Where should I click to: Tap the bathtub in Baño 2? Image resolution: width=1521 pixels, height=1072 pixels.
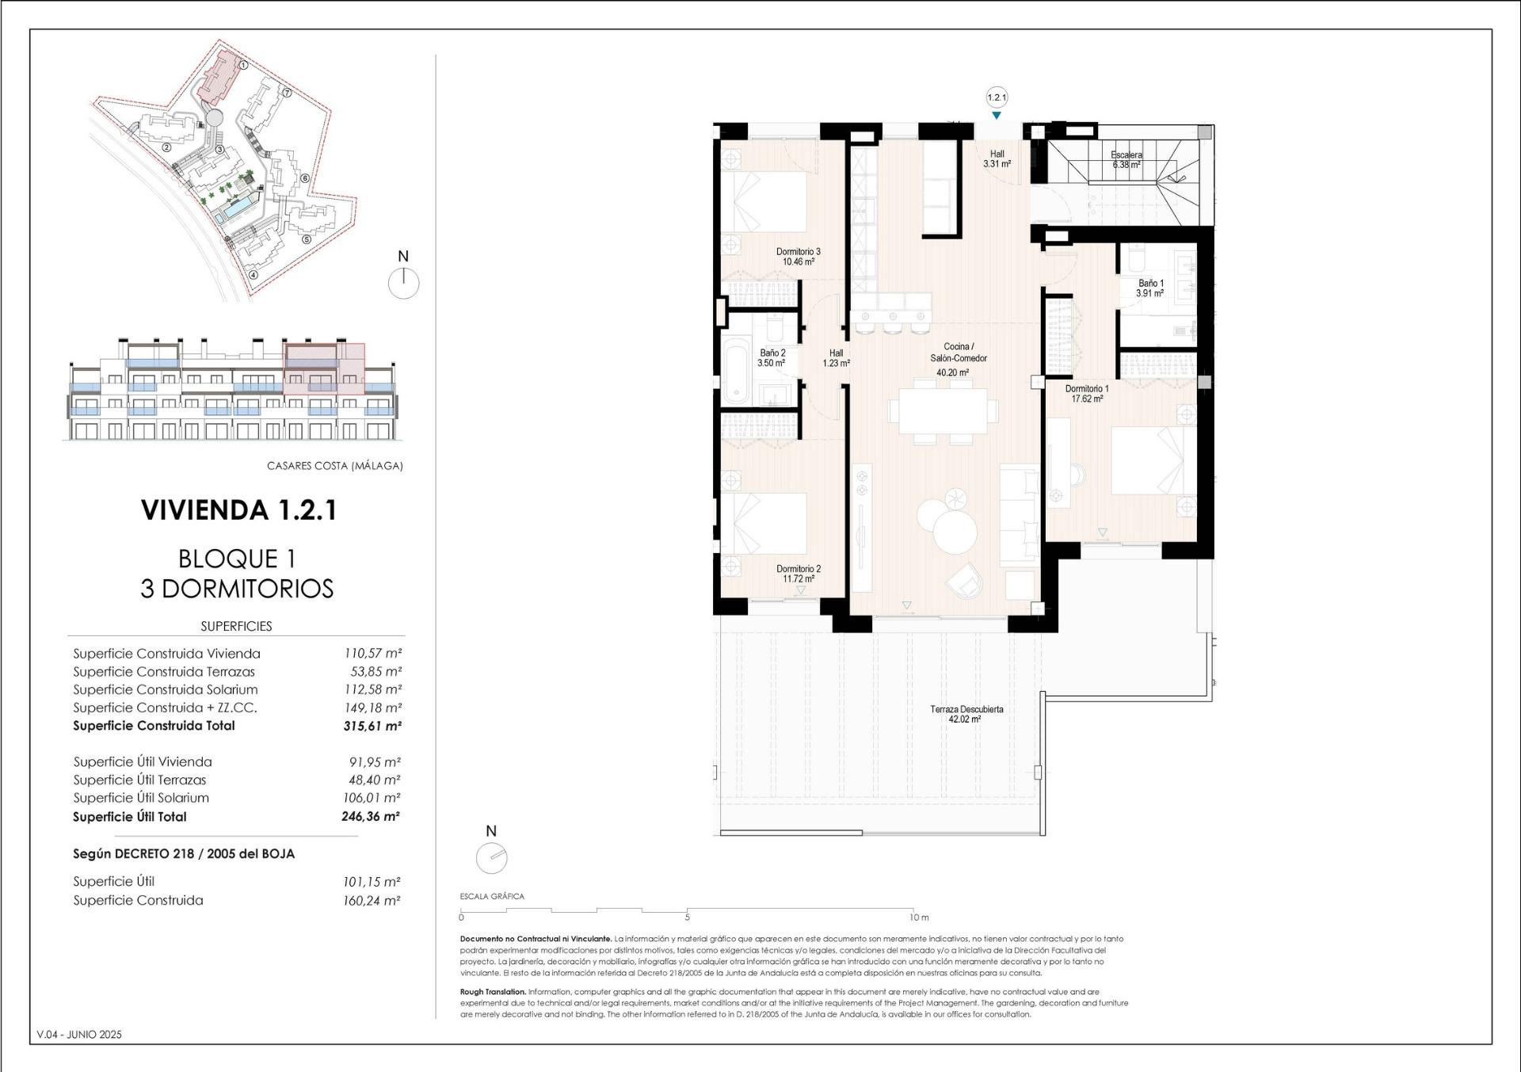(x=735, y=370)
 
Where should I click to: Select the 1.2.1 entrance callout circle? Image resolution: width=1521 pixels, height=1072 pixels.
(x=996, y=97)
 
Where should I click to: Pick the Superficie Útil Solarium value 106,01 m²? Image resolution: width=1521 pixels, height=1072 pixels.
(x=374, y=798)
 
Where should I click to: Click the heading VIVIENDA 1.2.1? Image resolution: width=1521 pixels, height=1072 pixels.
(x=238, y=509)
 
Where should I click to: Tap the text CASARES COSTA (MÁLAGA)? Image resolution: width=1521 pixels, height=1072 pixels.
(x=334, y=466)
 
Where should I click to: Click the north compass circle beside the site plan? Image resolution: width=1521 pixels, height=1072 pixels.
(x=404, y=283)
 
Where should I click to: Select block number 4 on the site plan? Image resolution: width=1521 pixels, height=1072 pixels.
(x=253, y=276)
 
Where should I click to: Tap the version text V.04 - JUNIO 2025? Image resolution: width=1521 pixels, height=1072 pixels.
(x=79, y=1034)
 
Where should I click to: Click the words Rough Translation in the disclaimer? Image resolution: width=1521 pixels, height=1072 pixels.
(x=493, y=992)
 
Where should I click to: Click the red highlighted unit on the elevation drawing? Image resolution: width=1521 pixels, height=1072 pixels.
(x=323, y=369)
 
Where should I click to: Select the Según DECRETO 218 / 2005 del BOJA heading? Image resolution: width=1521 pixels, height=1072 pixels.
(x=184, y=853)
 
